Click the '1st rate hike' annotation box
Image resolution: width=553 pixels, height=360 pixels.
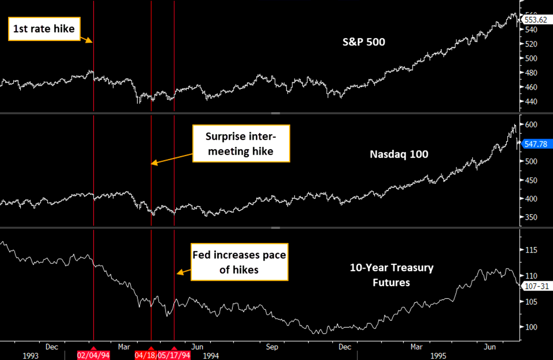pyautogui.click(x=44, y=29)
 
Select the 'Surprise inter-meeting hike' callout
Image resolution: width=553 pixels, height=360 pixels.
pyautogui.click(x=241, y=143)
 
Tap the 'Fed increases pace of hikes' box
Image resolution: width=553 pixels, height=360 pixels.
pyautogui.click(x=239, y=262)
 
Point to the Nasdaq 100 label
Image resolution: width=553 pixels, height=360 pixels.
pyautogui.click(x=399, y=154)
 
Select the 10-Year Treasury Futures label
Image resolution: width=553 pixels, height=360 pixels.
pyautogui.click(x=391, y=275)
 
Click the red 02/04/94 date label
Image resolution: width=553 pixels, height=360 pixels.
pyautogui.click(x=93, y=355)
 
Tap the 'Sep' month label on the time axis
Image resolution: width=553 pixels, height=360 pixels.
pyautogui.click(x=272, y=347)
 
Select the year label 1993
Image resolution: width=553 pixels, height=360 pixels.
pyautogui.click(x=30, y=356)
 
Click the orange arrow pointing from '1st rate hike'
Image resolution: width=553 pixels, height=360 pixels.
pyautogui.click(x=86, y=39)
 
